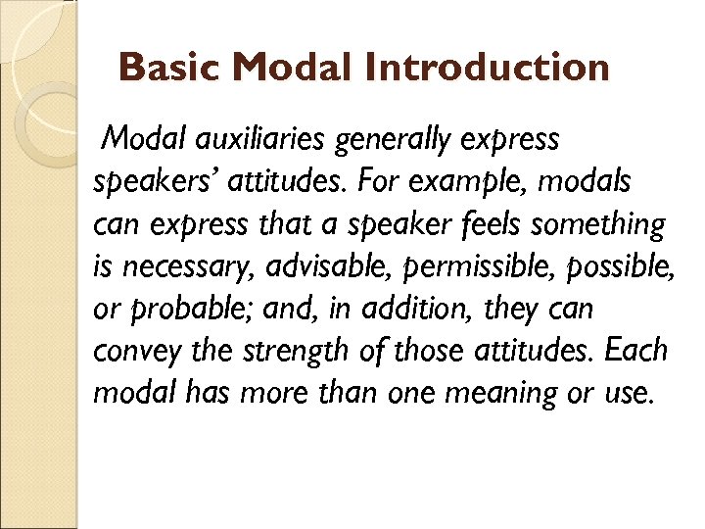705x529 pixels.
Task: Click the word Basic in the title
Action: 172,68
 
